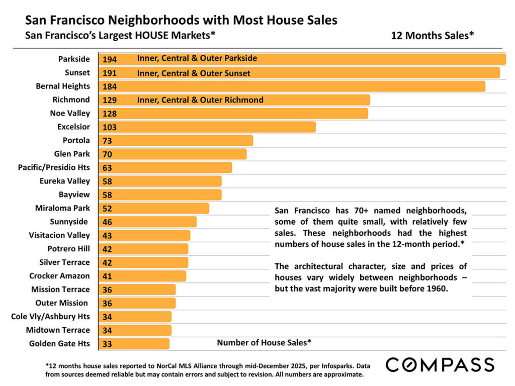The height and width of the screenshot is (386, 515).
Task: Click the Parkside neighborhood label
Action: [74, 59]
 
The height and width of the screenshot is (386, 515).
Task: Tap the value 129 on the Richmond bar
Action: [110, 100]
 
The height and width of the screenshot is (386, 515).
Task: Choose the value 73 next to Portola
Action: [107, 141]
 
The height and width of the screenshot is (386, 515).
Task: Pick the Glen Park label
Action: [72, 154]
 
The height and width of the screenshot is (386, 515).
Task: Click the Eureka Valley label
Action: [65, 181]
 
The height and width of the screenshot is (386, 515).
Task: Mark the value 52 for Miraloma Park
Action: [107, 209]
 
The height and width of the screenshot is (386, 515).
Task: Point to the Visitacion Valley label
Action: [59, 235]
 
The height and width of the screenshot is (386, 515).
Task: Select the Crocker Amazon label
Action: [59, 276]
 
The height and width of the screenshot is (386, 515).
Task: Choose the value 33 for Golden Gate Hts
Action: [107, 344]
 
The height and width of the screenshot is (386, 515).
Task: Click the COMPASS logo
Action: [440, 364]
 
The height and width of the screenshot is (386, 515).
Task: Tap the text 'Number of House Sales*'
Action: [264, 343]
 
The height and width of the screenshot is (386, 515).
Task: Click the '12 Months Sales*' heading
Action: [433, 36]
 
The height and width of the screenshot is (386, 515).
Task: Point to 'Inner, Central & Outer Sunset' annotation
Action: [194, 73]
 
